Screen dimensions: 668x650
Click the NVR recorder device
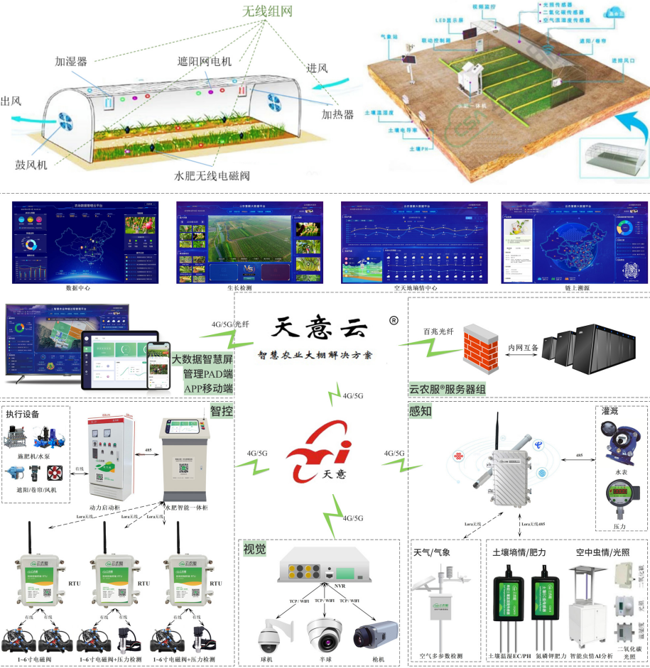click(321, 568)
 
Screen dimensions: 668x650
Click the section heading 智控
click(221, 411)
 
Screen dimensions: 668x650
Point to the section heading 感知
click(421, 411)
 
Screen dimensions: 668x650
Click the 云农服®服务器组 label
click(448, 389)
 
